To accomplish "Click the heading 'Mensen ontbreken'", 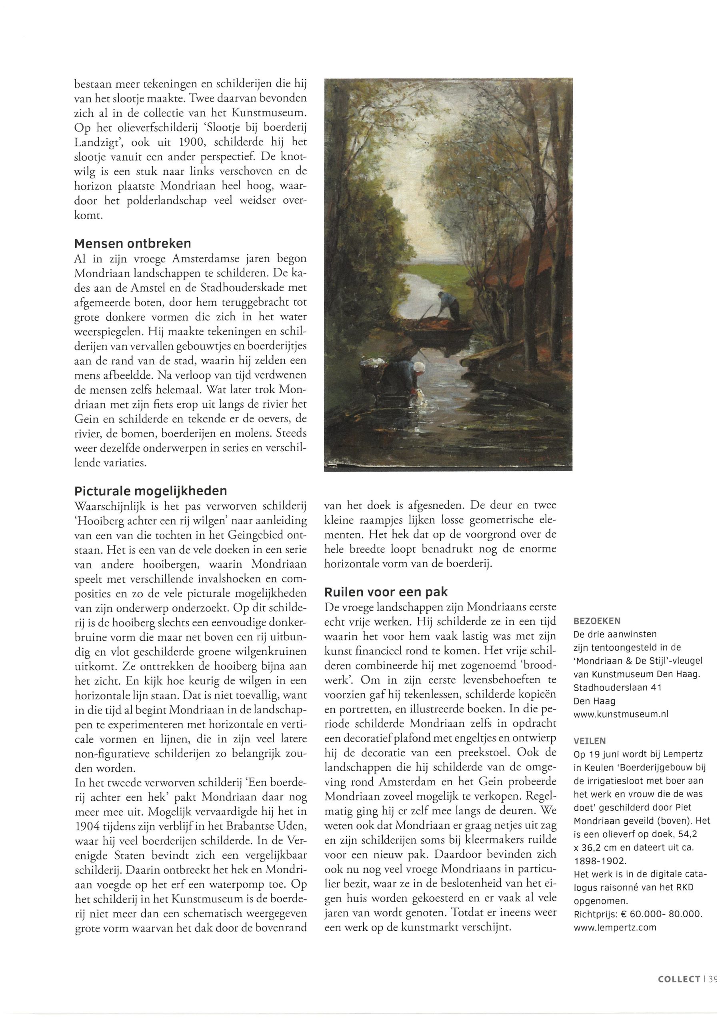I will tap(132, 244).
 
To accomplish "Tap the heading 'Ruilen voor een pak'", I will tap(386, 592).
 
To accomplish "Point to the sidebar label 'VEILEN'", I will tap(589, 741).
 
